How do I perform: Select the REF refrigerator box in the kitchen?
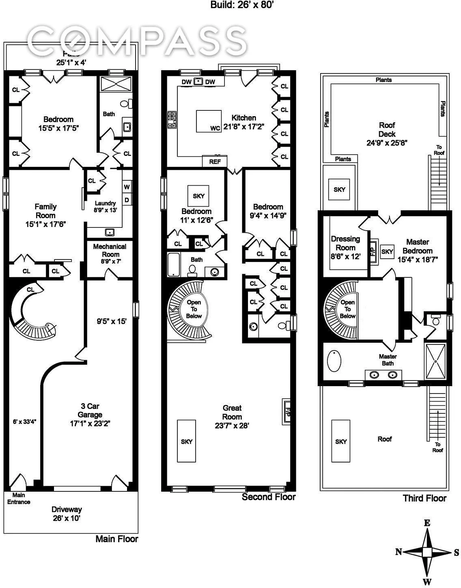[215, 161]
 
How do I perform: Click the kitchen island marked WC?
[209, 121]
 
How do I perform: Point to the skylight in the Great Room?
[186, 441]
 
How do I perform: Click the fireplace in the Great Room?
[287, 411]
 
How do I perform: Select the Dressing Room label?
[345, 248]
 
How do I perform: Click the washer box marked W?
[127, 187]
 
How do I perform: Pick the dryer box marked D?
[127, 200]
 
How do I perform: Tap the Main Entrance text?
[19, 498]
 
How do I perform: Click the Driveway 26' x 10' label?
[67, 514]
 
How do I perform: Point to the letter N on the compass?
[399, 551]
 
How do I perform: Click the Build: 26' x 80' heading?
[243, 5]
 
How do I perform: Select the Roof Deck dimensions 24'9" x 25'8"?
[387, 143]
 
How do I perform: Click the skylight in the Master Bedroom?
[387, 252]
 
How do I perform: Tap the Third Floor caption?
[424, 498]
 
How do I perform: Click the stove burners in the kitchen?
[172, 120]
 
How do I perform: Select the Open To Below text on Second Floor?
[194, 309]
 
